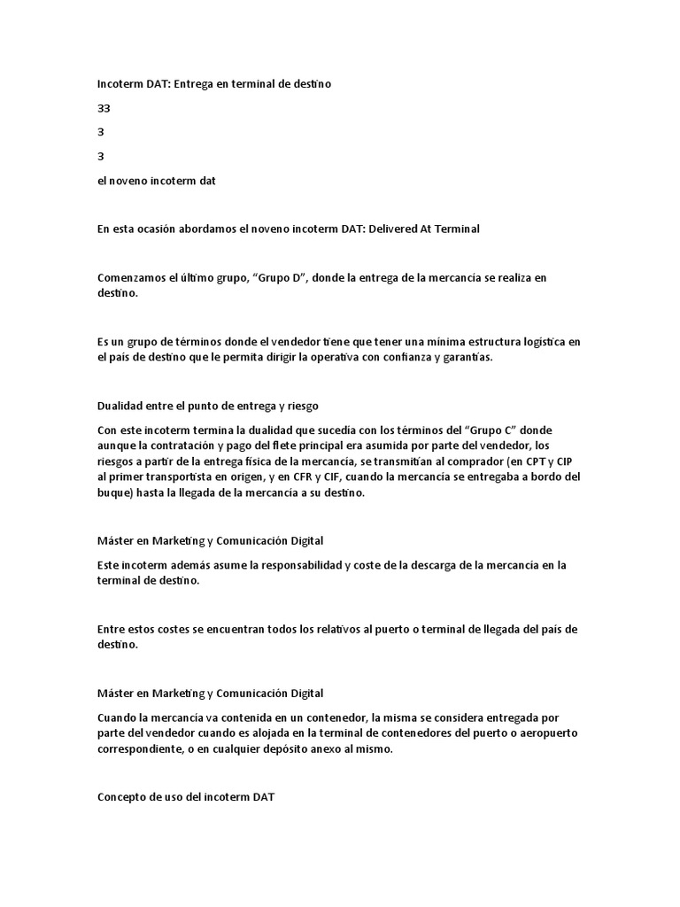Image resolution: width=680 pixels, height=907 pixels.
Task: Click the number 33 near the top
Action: [x=104, y=108]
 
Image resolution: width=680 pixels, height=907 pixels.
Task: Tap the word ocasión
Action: [x=166, y=229]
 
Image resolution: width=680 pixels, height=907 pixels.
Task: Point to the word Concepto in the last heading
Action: [x=122, y=797]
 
